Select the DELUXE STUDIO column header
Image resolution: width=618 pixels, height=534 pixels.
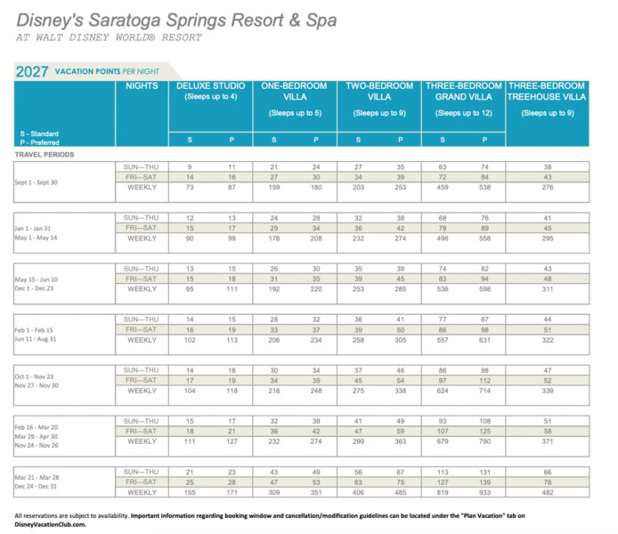[210, 85]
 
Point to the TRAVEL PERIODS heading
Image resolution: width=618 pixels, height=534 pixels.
[45, 154]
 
